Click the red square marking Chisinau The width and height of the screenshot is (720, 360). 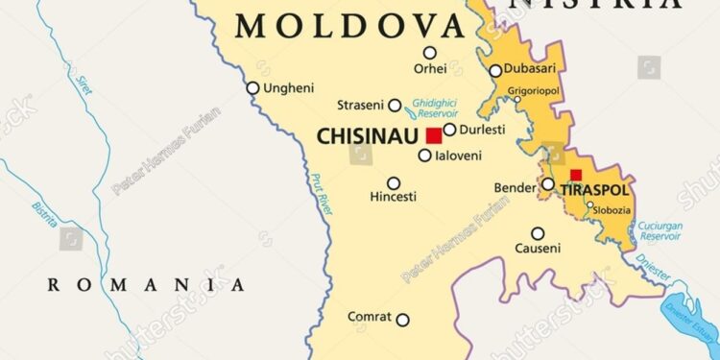pyautogui.click(x=435, y=135)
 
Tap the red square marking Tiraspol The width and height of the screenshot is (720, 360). pyautogui.click(x=576, y=176)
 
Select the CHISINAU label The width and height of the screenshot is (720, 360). pyautogui.click(x=370, y=138)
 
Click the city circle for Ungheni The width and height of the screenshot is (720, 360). pyautogui.click(x=252, y=88)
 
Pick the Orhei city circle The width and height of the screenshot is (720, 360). pyautogui.click(x=430, y=53)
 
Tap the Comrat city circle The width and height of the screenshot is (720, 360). pyautogui.click(x=403, y=320)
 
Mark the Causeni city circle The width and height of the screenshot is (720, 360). pyautogui.click(x=539, y=233)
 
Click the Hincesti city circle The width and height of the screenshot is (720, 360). pyautogui.click(x=394, y=182)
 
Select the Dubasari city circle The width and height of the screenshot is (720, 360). pyautogui.click(x=495, y=71)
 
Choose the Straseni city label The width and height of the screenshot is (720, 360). pyautogui.click(x=361, y=105)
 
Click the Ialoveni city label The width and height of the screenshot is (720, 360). pyautogui.click(x=458, y=155)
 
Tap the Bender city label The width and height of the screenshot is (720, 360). pyautogui.click(x=515, y=187)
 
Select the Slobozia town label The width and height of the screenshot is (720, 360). pyautogui.click(x=611, y=210)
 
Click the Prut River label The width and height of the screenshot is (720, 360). pyautogui.click(x=321, y=193)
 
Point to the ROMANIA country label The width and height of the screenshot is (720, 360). pyautogui.click(x=146, y=284)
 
